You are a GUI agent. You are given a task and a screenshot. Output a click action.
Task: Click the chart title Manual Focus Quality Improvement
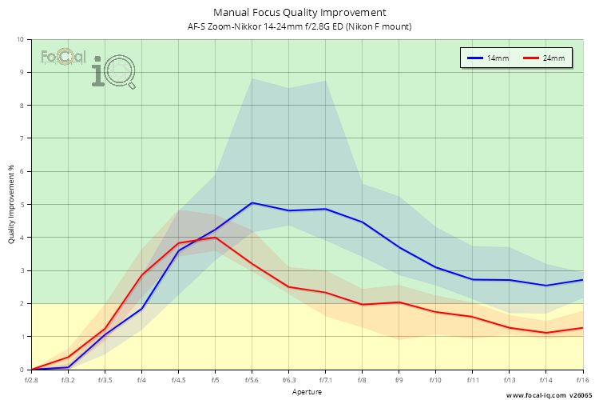299,12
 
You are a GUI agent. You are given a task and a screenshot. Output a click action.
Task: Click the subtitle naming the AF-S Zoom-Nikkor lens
299,26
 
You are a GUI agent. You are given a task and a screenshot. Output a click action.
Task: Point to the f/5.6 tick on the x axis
252,380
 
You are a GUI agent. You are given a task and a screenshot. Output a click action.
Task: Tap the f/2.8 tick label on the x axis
31,380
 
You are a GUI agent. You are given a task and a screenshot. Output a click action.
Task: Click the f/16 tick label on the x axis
582,380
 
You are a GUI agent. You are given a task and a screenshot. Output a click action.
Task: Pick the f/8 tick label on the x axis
363,380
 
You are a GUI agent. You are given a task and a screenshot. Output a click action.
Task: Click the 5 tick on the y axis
22,204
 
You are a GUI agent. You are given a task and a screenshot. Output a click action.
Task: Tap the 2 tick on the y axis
22,303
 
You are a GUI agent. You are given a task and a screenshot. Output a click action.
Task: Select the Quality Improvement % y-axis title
11,204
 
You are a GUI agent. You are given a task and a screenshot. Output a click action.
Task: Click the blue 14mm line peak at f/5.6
252,202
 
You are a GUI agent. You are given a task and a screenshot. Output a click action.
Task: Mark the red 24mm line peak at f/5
216,237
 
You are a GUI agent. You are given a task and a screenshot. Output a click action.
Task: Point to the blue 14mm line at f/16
582,280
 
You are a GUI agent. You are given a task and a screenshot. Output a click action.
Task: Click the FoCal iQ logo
88,66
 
